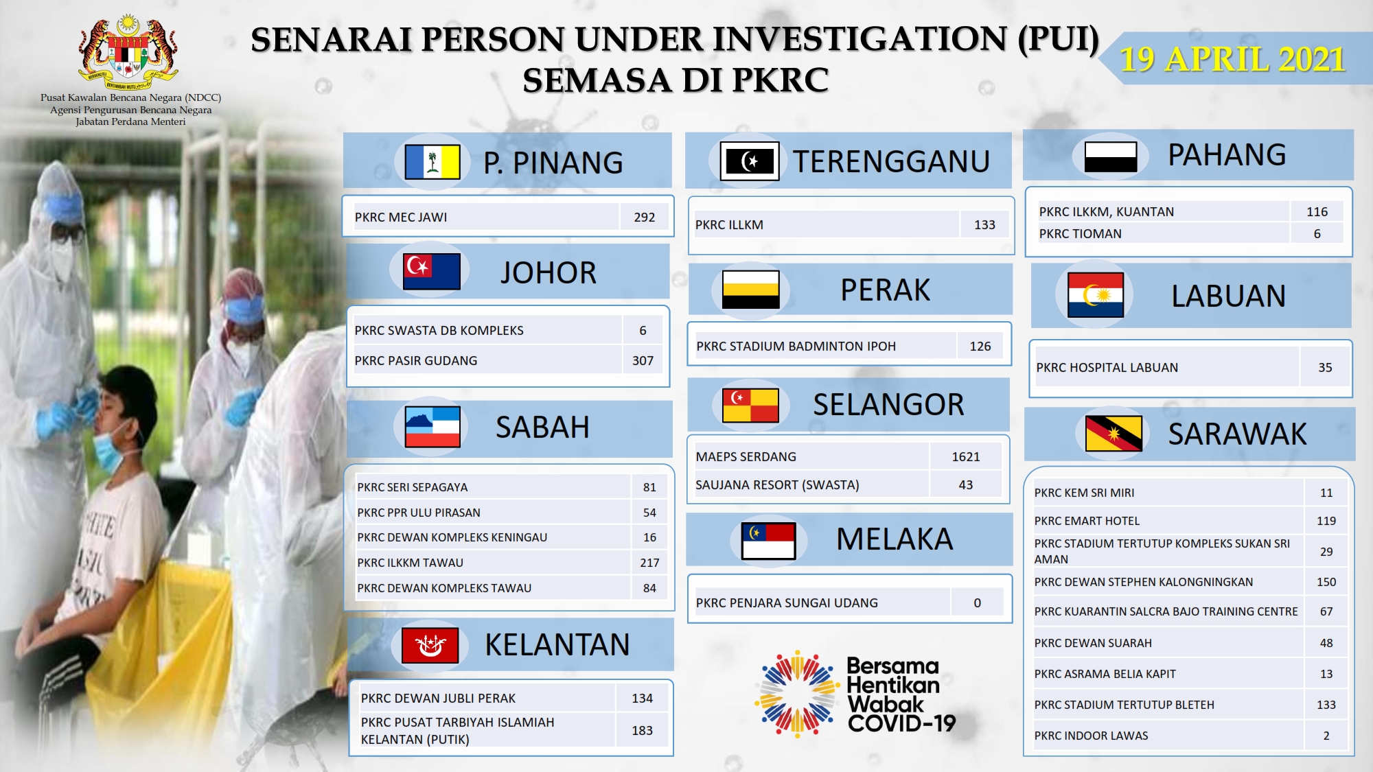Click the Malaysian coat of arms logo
click(128, 53)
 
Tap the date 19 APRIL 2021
click(1232, 59)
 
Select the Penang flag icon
click(432, 162)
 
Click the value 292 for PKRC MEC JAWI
click(644, 217)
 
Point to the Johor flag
click(432, 271)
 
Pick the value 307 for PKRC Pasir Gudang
click(643, 360)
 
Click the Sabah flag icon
click(432, 427)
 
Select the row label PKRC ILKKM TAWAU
click(410, 563)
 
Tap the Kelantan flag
click(430, 645)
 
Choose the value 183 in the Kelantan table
click(642, 730)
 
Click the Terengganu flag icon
click(750, 161)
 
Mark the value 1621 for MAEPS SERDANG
click(966, 456)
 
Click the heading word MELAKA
click(895, 539)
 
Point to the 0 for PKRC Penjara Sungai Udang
click(978, 603)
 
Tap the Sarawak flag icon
click(1114, 434)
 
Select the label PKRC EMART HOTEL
click(1087, 521)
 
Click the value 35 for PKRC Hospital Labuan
click(1325, 367)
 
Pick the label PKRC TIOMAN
click(1080, 233)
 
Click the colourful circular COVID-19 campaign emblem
click(797, 694)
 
